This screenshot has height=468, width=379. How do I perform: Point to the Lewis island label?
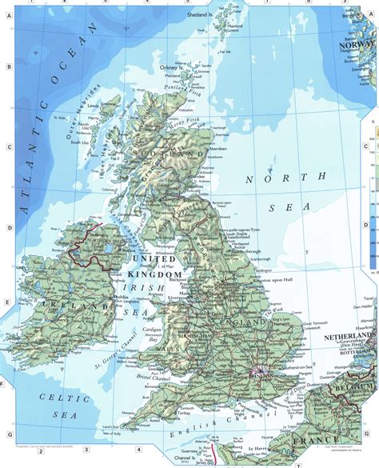coord(94,105)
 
